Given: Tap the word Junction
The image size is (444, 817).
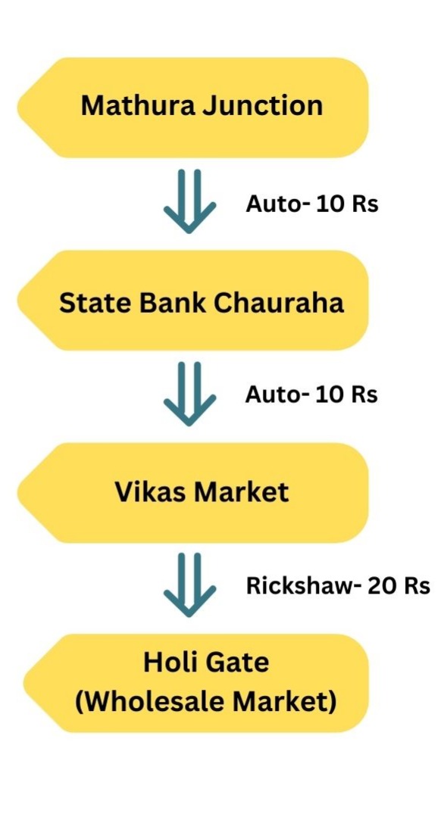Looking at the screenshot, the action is click(x=263, y=107).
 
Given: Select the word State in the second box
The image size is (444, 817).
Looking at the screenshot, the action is click(x=91, y=302).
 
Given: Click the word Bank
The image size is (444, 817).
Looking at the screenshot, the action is click(x=167, y=302).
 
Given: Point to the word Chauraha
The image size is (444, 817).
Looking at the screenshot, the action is click(x=279, y=302).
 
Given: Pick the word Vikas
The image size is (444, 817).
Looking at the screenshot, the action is click(x=151, y=492).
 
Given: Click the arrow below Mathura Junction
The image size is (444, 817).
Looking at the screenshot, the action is click(x=189, y=201).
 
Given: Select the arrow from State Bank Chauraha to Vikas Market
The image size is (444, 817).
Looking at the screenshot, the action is click(x=189, y=394).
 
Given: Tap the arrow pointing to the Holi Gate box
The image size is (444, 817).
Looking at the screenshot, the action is click(x=189, y=585).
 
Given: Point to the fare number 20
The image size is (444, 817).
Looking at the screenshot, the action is click(x=384, y=586).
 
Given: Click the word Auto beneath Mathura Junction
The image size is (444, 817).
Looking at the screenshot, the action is click(x=271, y=204).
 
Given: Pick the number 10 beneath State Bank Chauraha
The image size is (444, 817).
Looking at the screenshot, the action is click(x=332, y=394).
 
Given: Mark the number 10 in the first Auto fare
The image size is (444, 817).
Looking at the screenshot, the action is click(x=333, y=204).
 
